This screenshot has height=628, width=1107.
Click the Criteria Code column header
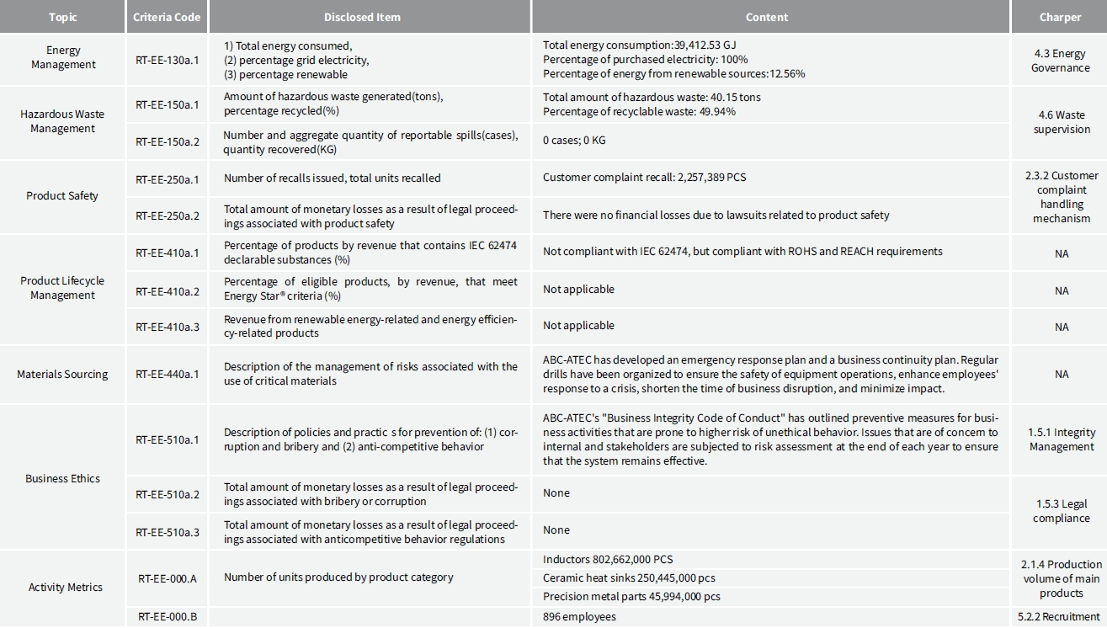tap(167, 17)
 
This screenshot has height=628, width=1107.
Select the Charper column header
tap(1060, 17)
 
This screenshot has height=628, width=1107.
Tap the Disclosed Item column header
tap(362, 17)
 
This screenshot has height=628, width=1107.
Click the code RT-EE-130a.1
tap(168, 59)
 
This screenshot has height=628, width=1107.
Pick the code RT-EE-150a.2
tap(168, 141)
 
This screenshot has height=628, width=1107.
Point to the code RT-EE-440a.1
tap(168, 374)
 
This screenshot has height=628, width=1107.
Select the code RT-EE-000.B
tap(168, 617)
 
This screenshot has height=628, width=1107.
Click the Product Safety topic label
tap(62, 196)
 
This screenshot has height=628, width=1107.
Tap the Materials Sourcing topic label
tap(62, 374)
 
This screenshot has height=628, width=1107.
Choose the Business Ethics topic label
tap(62, 478)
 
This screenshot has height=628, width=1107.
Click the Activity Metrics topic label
tap(65, 587)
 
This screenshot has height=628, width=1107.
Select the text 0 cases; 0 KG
tap(574, 141)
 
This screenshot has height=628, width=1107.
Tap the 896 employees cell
tap(579, 617)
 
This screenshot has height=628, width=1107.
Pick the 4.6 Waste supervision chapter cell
tap(1062, 122)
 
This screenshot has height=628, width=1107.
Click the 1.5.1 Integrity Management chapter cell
tap(1062, 439)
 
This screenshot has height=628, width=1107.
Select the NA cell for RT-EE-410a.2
tap(1062, 290)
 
